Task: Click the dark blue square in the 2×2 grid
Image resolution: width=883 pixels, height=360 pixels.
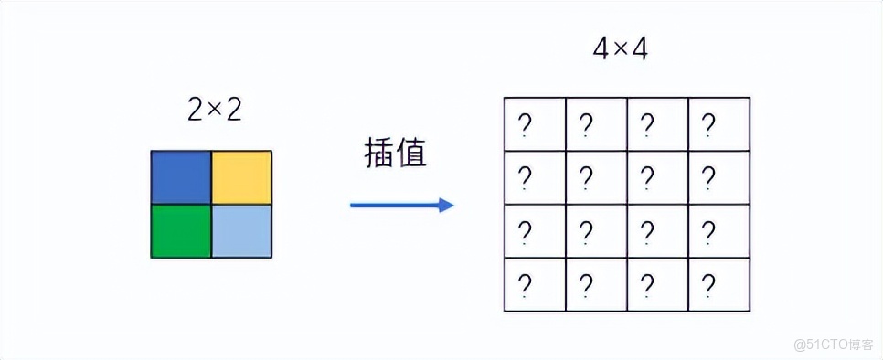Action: pyautogui.click(x=181, y=177)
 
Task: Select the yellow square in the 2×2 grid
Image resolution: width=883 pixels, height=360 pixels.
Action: pyautogui.click(x=242, y=177)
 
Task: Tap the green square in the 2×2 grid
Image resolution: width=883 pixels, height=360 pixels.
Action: pyautogui.click(x=181, y=230)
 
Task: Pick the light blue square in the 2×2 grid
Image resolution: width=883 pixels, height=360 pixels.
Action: pyautogui.click(x=242, y=230)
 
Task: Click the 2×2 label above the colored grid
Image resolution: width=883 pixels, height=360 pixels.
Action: pyautogui.click(x=214, y=111)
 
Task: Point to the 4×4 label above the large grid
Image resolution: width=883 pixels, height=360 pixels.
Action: pyautogui.click(x=620, y=49)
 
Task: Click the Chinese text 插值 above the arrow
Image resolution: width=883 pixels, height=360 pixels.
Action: pyautogui.click(x=395, y=154)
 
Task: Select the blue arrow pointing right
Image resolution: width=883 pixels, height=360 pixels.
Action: pyautogui.click(x=402, y=205)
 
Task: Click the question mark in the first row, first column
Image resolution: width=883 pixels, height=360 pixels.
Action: pyautogui.click(x=526, y=123)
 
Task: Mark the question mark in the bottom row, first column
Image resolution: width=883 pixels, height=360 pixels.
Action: pyautogui.click(x=526, y=284)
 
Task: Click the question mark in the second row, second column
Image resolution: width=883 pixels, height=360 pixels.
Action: pyautogui.click(x=587, y=176)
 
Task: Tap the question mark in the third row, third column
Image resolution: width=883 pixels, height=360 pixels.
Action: pyautogui.click(x=648, y=230)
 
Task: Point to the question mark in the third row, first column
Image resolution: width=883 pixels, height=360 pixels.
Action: pyautogui.click(x=526, y=230)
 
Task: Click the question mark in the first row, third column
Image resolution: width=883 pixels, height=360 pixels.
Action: pyautogui.click(x=648, y=123)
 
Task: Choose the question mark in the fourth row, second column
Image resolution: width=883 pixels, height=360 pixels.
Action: pyautogui.click(x=587, y=284)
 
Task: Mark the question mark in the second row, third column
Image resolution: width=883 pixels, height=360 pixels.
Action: pyautogui.click(x=648, y=176)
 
